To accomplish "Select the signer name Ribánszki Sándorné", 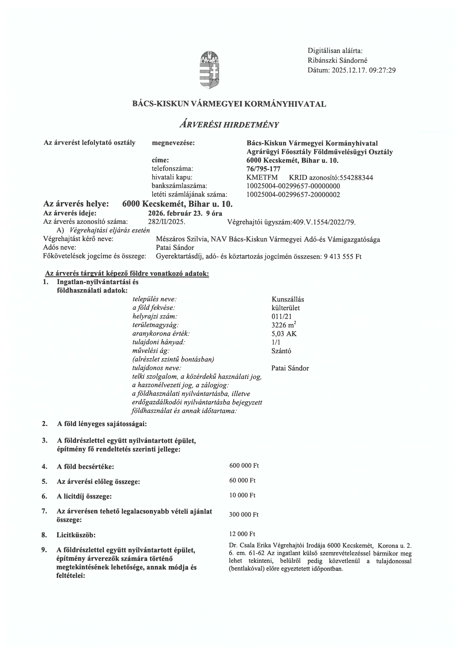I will coord(337,60).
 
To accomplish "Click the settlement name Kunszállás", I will coord(288,299).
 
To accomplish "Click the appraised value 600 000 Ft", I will coord(244,466).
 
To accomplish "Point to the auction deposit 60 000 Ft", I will coord(242,480).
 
